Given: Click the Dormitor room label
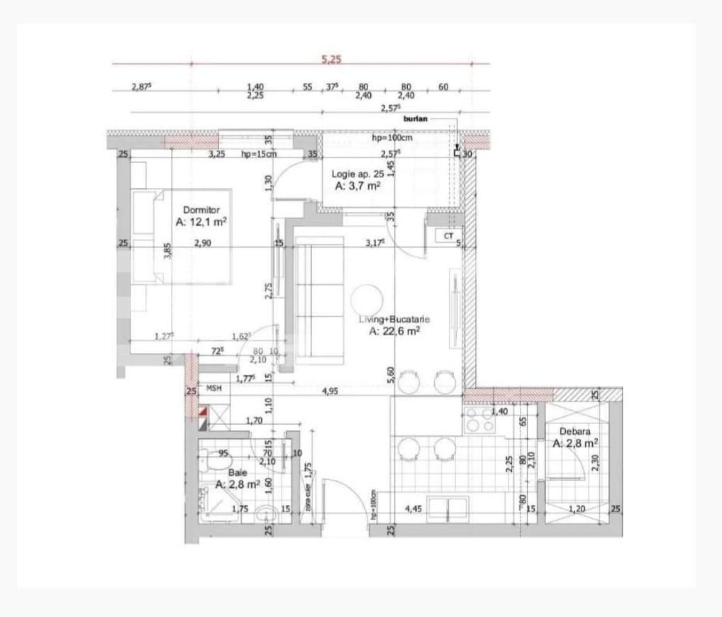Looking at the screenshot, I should pyautogui.click(x=201, y=210).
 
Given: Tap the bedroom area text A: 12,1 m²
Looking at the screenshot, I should pyautogui.click(x=201, y=221).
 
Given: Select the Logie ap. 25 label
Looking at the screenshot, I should pyautogui.click(x=357, y=174).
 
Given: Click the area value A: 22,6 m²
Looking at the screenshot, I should pyautogui.click(x=395, y=330).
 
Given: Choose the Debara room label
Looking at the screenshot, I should pyautogui.click(x=574, y=431).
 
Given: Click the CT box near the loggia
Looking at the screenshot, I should pyautogui.click(x=448, y=236).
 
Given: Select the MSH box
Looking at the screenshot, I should pyautogui.click(x=214, y=389).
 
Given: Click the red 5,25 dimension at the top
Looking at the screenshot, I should pyautogui.click(x=331, y=60).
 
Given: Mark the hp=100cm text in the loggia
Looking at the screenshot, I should pyautogui.click(x=391, y=138).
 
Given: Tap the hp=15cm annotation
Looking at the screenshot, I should pyautogui.click(x=259, y=153).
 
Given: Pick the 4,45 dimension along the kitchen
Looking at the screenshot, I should pyautogui.click(x=413, y=508).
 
